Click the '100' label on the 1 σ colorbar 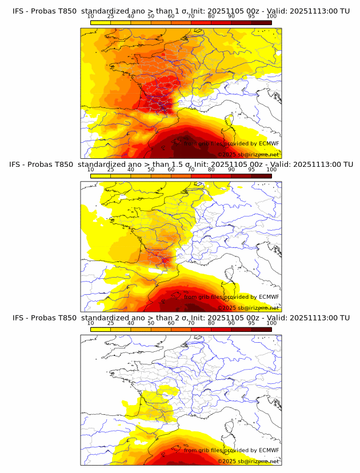click(271, 17)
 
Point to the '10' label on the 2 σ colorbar click(91, 323)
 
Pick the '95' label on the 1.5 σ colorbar click(251, 170)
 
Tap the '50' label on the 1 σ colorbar click(151, 17)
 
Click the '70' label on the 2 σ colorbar click(191, 323)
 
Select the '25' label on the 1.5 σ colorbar click(110, 170)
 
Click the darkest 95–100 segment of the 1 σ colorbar click(261, 22)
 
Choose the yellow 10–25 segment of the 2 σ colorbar click(101, 329)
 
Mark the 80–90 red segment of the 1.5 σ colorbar click(221, 175)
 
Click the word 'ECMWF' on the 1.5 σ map click(269, 296)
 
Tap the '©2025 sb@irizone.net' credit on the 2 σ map click(248, 460)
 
